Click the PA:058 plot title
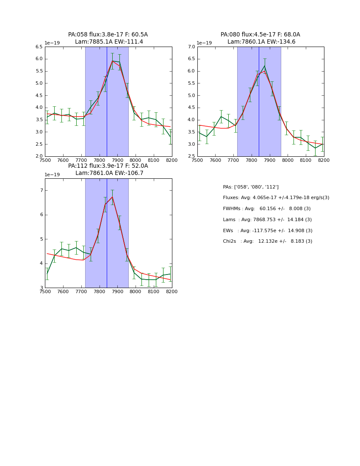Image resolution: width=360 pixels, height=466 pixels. click(108, 38)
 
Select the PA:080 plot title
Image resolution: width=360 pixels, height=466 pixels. click(260, 38)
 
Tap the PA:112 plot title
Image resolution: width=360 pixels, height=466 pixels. click(108, 169)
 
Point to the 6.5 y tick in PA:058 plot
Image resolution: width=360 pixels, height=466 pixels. click(39, 47)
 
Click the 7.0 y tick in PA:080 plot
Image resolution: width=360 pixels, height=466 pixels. click(191, 47)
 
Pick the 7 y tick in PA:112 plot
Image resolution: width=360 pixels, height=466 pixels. click(42, 191)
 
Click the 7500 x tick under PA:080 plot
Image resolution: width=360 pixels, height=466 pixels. click(197, 161)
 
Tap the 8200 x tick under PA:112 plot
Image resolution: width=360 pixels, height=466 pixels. click(172, 292)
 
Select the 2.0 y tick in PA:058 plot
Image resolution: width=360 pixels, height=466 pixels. click(39, 156)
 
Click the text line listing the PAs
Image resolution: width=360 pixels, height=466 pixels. click(251, 187)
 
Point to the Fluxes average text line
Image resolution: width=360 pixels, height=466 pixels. click(276, 198)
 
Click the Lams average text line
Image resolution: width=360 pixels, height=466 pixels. click(267, 220)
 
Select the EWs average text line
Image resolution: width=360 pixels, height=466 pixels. click(268, 230)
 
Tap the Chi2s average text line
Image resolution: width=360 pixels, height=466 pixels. click(267, 241)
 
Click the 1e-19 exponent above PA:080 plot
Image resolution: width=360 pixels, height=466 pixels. click(204, 43)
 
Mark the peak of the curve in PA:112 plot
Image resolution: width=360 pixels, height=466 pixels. click(112, 197)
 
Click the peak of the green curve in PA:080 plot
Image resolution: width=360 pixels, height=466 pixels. click(264, 66)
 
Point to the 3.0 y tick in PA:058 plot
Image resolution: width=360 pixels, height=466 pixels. click(39, 132)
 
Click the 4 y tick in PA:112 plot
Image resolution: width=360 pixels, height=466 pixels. click(42, 264)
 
